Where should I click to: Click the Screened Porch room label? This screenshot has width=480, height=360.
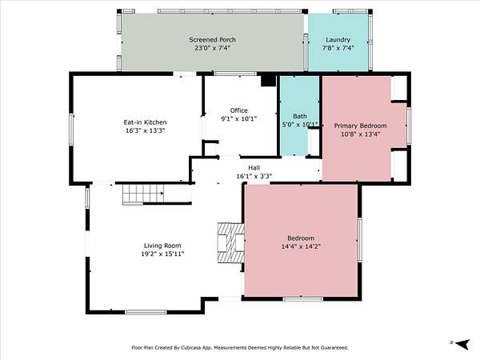coord(212,40)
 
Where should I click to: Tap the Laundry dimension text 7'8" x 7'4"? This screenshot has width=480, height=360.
coord(338,48)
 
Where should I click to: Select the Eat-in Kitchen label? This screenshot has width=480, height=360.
coord(145,122)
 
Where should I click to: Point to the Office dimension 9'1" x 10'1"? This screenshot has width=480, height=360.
coord(238,118)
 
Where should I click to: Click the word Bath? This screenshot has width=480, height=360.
coord(300,116)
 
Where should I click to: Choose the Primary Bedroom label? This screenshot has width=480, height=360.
coord(360,126)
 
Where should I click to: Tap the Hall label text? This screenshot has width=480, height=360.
coord(254,168)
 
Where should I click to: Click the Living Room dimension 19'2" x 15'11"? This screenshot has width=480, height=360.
coord(162,254)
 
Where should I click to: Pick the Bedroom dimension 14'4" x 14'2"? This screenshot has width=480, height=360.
coord(301,246)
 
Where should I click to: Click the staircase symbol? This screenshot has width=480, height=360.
coord(143,194)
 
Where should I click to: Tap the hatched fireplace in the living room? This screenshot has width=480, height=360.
coord(231,242)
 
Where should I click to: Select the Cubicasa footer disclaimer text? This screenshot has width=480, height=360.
coord(240,348)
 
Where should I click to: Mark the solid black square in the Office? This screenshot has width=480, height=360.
coord(268,81)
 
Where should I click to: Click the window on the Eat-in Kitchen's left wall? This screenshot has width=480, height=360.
coord(71,130)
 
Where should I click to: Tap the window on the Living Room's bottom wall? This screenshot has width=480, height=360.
coord(146,312)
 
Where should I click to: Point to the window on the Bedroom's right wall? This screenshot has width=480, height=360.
coord(360,240)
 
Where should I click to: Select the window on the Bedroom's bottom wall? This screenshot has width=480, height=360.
coord(302,298)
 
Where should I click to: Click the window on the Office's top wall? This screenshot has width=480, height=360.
coord(234,74)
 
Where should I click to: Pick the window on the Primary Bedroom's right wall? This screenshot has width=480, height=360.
coord(408,126)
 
